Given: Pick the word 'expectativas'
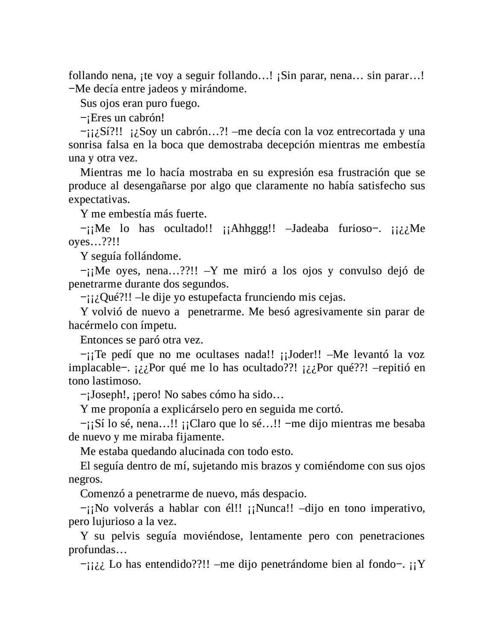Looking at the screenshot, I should tap(98, 200).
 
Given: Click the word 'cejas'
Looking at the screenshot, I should tap(332, 297).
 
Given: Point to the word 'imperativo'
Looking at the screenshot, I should tap(397, 509).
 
